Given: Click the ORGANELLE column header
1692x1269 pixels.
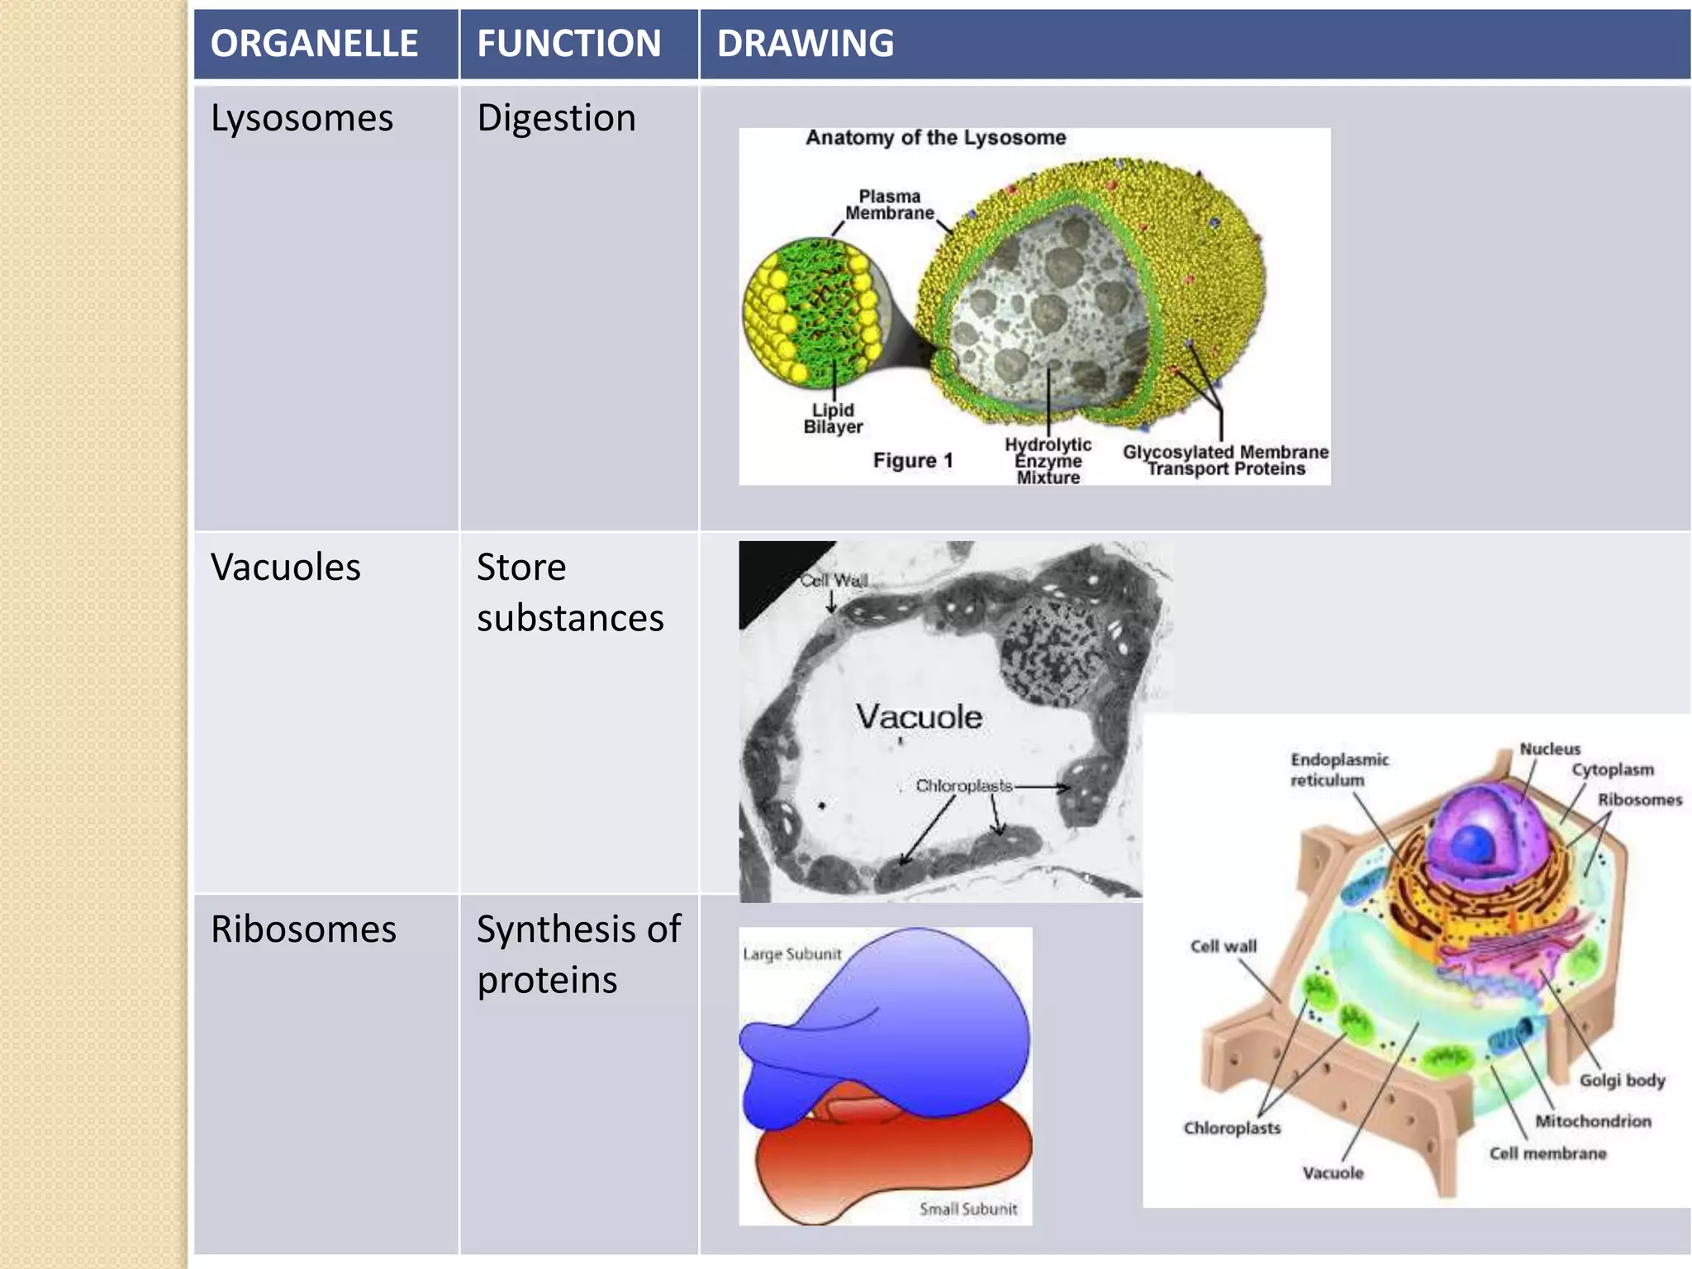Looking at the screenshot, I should pos(314,44).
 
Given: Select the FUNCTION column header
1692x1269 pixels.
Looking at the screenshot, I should pos(569,44).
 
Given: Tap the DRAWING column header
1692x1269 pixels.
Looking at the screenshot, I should pos(806,44).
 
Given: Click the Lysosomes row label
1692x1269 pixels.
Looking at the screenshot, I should pos(302,118).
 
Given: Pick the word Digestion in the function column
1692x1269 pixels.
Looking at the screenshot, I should pos(556,118).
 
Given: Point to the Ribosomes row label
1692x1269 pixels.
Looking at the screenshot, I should pos(303,929).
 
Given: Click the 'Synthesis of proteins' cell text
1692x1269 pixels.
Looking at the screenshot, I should pos(578,954).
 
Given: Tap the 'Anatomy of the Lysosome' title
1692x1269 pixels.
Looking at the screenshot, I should pos(935,137).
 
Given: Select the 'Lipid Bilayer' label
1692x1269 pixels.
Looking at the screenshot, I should pos(833,418).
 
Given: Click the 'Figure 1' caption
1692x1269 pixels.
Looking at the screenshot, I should pos(913,460).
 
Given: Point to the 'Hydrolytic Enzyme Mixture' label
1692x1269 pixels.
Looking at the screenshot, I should pos(1048,461).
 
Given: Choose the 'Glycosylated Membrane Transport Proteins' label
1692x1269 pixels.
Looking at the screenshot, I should pos(1225,460).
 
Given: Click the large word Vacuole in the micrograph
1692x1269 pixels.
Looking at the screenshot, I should pos(919,716).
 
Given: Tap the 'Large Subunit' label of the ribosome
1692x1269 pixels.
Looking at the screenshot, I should pos(791,954).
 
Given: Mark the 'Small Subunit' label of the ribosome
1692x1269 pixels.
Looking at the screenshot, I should pos(968,1209).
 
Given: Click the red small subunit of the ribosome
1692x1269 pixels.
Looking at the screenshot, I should pos(892,1157).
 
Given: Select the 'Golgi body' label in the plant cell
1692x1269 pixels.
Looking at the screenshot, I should pos(1622,1080).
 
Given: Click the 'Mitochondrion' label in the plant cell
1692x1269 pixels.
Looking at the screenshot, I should pos(1593,1121).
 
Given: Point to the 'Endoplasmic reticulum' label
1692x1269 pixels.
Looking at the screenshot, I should pos(1338,769).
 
